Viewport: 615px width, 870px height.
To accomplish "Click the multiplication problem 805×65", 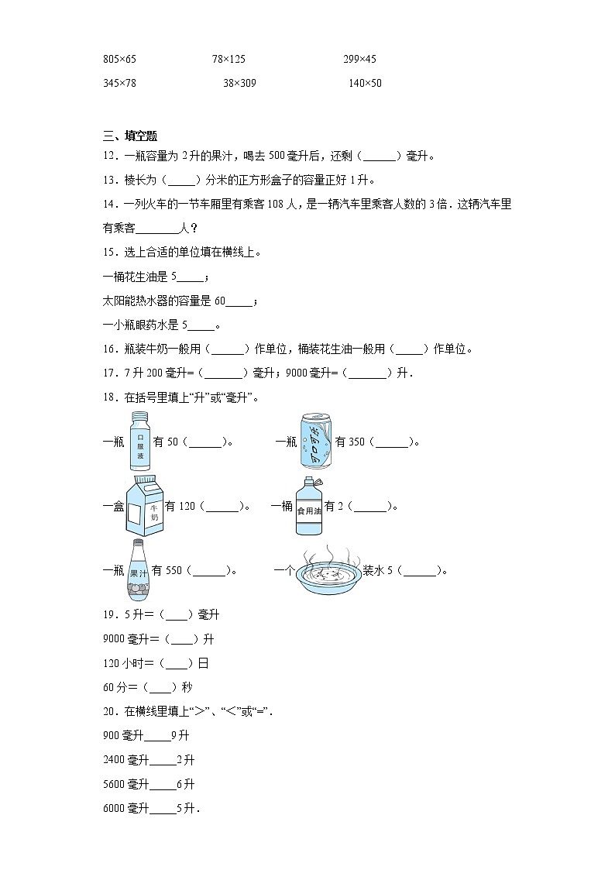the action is tap(119, 59).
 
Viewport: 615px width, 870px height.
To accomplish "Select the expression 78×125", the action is tap(228, 59).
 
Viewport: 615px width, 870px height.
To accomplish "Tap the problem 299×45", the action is tap(359, 59).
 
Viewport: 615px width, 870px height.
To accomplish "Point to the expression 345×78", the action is tap(119, 83).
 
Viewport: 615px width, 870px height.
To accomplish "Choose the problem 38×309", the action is tap(239, 83).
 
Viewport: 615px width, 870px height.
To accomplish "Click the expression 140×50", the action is tap(365, 83).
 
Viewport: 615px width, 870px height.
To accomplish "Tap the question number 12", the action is tap(108, 156).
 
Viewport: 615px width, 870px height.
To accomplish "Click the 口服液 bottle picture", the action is tap(140, 442).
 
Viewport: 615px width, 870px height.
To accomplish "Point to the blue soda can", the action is tap(316, 442).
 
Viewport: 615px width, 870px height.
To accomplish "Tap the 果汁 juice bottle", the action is tap(139, 570).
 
